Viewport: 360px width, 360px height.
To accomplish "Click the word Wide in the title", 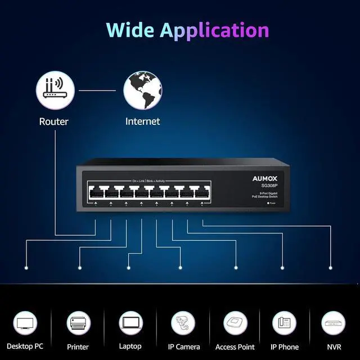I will click(130, 29).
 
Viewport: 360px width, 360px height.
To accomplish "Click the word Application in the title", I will click(214, 30).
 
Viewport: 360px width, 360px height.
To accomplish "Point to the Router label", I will click(54, 121).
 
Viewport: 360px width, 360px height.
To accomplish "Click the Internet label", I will click(142, 121).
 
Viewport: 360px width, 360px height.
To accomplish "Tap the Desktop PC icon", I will click(25, 323).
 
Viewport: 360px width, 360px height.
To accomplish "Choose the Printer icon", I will click(78, 323).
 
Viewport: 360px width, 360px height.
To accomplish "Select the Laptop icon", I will click(130, 323).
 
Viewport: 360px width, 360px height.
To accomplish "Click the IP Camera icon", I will click(183, 323).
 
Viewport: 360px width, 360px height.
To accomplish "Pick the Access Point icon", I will click(235, 323).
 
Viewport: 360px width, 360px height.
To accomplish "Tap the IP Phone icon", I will click(284, 323).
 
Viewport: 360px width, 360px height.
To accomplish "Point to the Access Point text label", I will click(235, 347).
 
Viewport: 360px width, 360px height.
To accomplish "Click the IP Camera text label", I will click(183, 347).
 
